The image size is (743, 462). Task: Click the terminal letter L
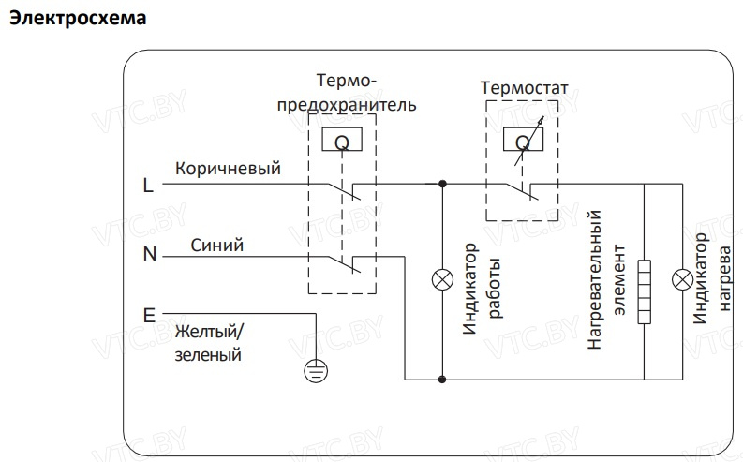pos(148,186)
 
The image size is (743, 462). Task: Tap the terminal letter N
pos(149,253)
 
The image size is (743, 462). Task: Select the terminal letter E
pos(148,316)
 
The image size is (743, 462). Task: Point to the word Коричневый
pos(228,169)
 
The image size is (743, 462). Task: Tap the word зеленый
pos(208,355)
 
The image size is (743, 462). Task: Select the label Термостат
pos(524,89)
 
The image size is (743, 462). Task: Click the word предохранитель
pos(345,104)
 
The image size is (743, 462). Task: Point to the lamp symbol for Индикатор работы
pos(442,280)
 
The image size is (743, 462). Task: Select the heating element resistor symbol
pos(645,291)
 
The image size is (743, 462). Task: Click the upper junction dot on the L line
pos(442,186)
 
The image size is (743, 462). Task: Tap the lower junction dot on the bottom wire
pos(442,380)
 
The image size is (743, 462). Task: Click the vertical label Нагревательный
pos(593,281)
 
